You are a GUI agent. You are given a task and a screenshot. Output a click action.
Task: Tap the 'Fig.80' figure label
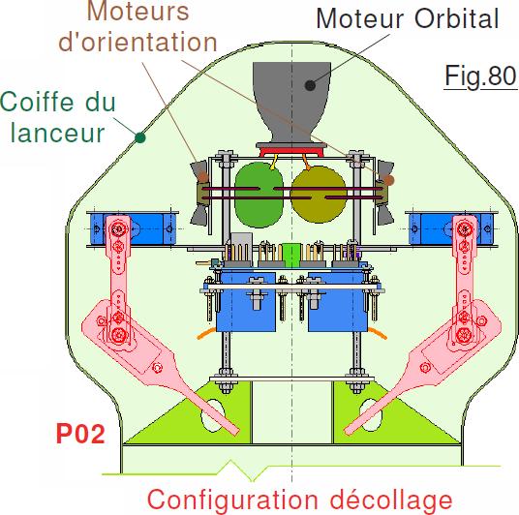(480, 76)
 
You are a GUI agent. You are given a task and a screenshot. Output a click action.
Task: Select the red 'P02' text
(80, 434)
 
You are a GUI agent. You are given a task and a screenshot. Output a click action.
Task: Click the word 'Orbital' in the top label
(456, 18)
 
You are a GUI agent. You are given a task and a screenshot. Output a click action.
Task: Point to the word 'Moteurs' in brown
(137, 12)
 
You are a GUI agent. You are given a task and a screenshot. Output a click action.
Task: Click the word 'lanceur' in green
(58, 133)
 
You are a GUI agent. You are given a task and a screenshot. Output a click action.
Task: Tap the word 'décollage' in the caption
(391, 500)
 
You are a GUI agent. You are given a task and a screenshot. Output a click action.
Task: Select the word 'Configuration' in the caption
(232, 500)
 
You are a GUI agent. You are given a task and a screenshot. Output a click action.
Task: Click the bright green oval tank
(259, 195)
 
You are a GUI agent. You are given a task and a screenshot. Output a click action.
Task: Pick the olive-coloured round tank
(319, 195)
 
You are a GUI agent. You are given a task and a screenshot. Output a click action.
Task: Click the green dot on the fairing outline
(140, 137)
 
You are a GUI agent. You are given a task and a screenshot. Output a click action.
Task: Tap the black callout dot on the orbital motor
(310, 85)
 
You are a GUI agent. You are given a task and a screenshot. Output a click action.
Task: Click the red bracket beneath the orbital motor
(291, 152)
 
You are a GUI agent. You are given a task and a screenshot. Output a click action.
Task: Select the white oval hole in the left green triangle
(212, 415)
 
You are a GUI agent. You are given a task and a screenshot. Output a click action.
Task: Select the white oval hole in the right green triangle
(371, 414)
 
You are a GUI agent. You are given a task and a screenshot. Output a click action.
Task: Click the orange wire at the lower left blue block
(206, 333)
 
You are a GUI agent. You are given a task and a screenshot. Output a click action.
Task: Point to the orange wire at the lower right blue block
(378, 333)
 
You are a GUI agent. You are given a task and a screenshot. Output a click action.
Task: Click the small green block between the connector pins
(291, 256)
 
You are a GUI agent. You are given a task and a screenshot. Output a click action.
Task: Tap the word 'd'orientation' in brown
(137, 42)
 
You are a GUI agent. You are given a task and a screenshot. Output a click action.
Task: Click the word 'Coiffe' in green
(38, 101)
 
